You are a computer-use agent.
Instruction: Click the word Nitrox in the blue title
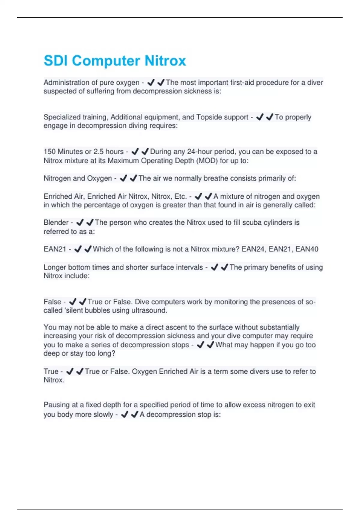pos(165,61)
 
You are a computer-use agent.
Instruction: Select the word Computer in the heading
pos(106,61)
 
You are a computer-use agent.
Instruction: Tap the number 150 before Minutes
pos(49,152)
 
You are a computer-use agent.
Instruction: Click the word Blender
pos(56,223)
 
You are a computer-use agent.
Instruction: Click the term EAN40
pos(307,249)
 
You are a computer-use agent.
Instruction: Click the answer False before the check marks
pos(52,302)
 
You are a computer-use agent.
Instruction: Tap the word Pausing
pos(57,405)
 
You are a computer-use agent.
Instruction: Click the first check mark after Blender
pos(80,223)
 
